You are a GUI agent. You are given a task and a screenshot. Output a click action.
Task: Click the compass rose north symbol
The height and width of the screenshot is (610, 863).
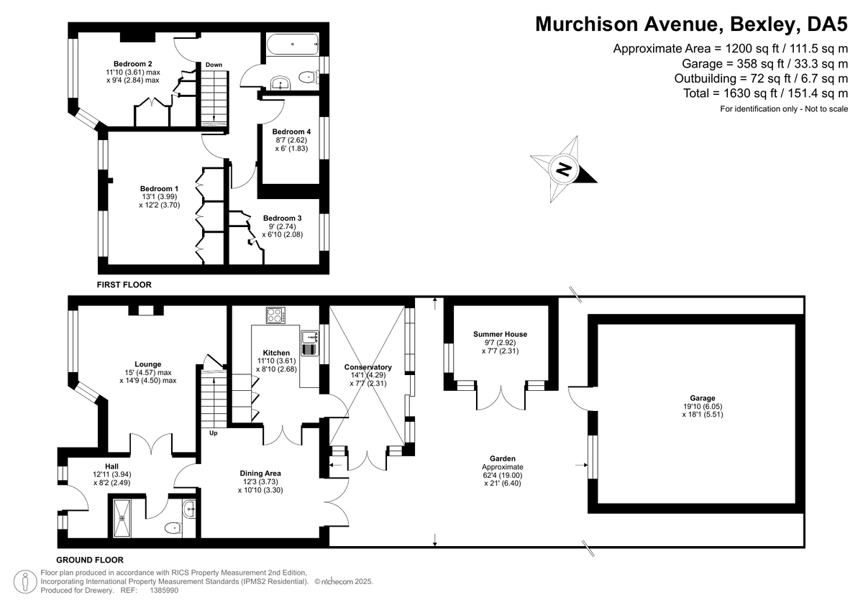pos(564,170)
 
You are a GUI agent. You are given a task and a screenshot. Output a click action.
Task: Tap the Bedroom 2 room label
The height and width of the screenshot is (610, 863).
pos(132,64)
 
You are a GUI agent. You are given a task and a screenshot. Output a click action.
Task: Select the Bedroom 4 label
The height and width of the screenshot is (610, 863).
pos(291,131)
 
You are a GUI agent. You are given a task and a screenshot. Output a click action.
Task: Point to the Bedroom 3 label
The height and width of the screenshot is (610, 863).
pos(283,218)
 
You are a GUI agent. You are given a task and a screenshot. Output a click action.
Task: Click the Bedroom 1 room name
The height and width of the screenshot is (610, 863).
pos(159,188)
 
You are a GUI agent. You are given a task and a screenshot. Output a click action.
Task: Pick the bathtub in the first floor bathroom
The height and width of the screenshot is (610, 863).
pos(293,45)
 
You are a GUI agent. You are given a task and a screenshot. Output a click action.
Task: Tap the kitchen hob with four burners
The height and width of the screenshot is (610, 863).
pos(276,315)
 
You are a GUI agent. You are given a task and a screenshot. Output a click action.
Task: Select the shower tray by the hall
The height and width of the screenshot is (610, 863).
pos(122,518)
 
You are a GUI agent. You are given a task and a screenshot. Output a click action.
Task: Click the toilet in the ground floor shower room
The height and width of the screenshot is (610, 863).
pos(173,528)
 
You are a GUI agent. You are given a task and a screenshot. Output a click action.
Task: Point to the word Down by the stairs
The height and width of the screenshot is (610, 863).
pos(214,65)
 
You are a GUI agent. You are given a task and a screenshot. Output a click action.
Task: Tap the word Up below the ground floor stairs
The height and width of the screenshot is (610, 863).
pos(214,433)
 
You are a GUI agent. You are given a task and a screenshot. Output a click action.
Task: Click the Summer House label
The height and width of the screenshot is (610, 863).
pos(500,334)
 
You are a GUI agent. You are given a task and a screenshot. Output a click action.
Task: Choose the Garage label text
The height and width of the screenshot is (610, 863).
pos(703,398)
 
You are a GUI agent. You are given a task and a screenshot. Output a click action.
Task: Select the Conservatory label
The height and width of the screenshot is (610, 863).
pos(368,367)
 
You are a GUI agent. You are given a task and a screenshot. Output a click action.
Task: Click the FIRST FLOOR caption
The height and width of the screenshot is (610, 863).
pos(124,285)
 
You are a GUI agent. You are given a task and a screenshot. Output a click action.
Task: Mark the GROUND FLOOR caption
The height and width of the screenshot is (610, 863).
pos(90,560)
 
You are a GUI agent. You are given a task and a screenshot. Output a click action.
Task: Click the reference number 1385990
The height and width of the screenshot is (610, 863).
pos(164,591)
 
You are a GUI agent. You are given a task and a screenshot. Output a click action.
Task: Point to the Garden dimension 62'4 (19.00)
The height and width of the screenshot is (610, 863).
pos(503,476)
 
